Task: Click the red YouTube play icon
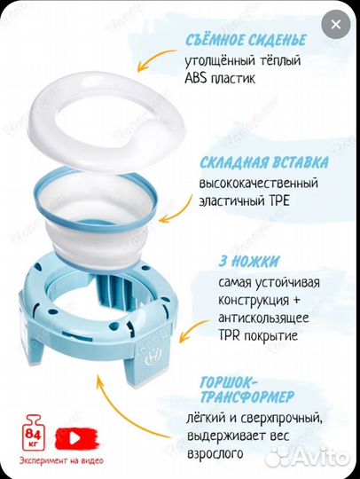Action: click(x=73, y=436)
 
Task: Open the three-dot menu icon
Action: click(x=335, y=25)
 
